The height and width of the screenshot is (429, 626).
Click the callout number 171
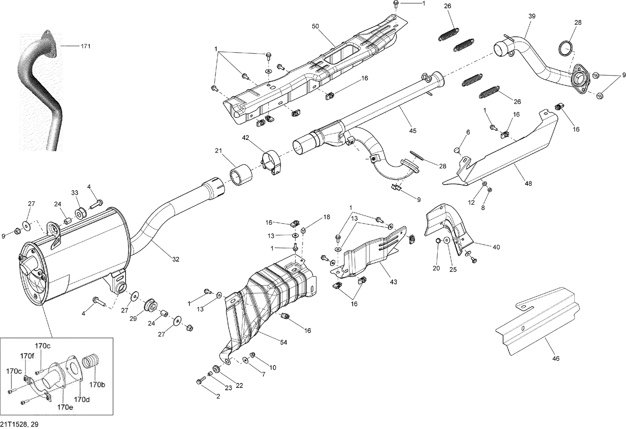85,46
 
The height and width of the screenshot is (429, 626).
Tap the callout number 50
315,26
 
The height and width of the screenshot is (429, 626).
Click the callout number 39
532,16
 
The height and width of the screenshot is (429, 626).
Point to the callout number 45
412,131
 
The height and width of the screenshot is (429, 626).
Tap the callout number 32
175,259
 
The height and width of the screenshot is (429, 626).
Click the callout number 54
283,343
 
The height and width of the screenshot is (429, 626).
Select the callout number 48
528,183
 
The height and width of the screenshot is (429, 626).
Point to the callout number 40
496,247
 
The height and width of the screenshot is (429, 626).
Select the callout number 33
74,193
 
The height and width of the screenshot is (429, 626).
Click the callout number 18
326,217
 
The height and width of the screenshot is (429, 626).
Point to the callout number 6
468,132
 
